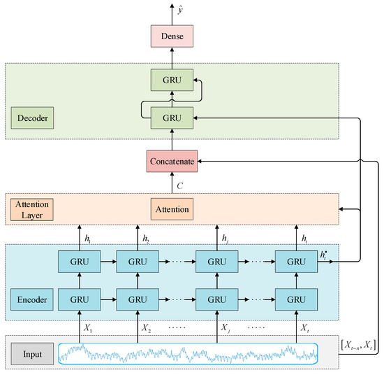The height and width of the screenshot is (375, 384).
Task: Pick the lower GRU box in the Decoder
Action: click(x=171, y=118)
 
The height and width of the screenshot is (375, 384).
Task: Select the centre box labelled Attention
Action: click(x=171, y=208)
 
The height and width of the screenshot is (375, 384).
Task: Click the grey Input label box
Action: click(x=31, y=354)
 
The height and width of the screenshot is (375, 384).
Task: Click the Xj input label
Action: click(x=225, y=327)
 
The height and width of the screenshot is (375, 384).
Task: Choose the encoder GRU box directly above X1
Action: click(x=79, y=300)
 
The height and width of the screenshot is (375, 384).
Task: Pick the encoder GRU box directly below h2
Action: click(x=138, y=262)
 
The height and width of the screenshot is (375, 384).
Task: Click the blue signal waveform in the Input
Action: click(x=189, y=354)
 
